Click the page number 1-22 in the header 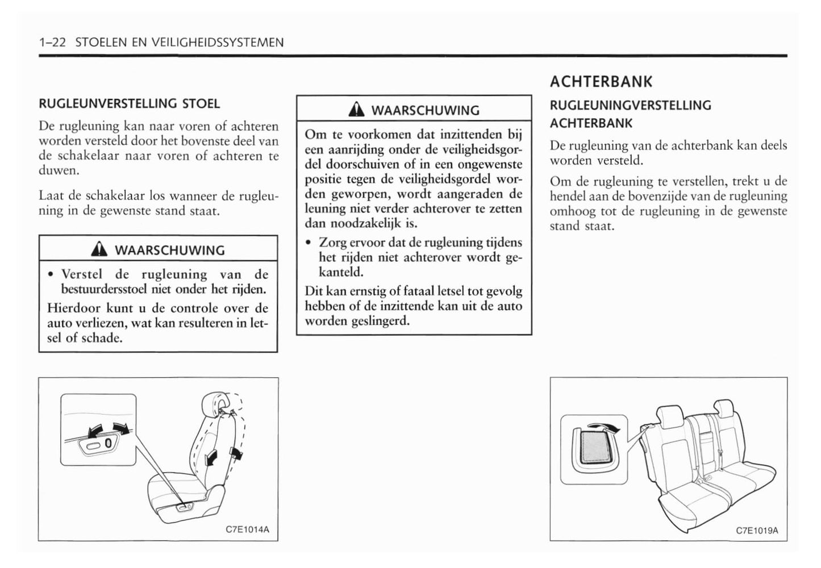tap(53, 43)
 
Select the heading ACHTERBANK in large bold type tap(601, 82)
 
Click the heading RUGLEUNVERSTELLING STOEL tap(129, 104)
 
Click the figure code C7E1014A tap(247, 530)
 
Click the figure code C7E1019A tap(757, 531)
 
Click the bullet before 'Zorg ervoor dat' tap(308, 243)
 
